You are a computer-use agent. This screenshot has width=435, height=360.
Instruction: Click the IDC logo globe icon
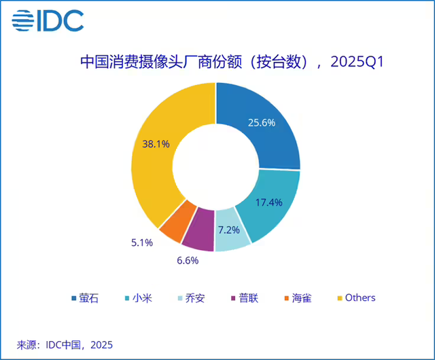click(24, 21)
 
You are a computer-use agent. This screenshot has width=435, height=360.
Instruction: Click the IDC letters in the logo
click(63, 21)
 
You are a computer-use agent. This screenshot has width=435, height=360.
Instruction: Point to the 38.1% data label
click(156, 144)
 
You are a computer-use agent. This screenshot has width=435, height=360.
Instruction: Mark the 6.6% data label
click(174, 259)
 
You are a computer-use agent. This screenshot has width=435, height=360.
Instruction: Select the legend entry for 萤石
click(85, 298)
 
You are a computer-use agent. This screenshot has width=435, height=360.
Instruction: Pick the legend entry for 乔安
click(191, 298)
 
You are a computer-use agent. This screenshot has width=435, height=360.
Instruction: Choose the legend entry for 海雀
click(298, 298)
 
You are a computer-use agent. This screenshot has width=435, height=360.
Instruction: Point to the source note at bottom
click(64, 343)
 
